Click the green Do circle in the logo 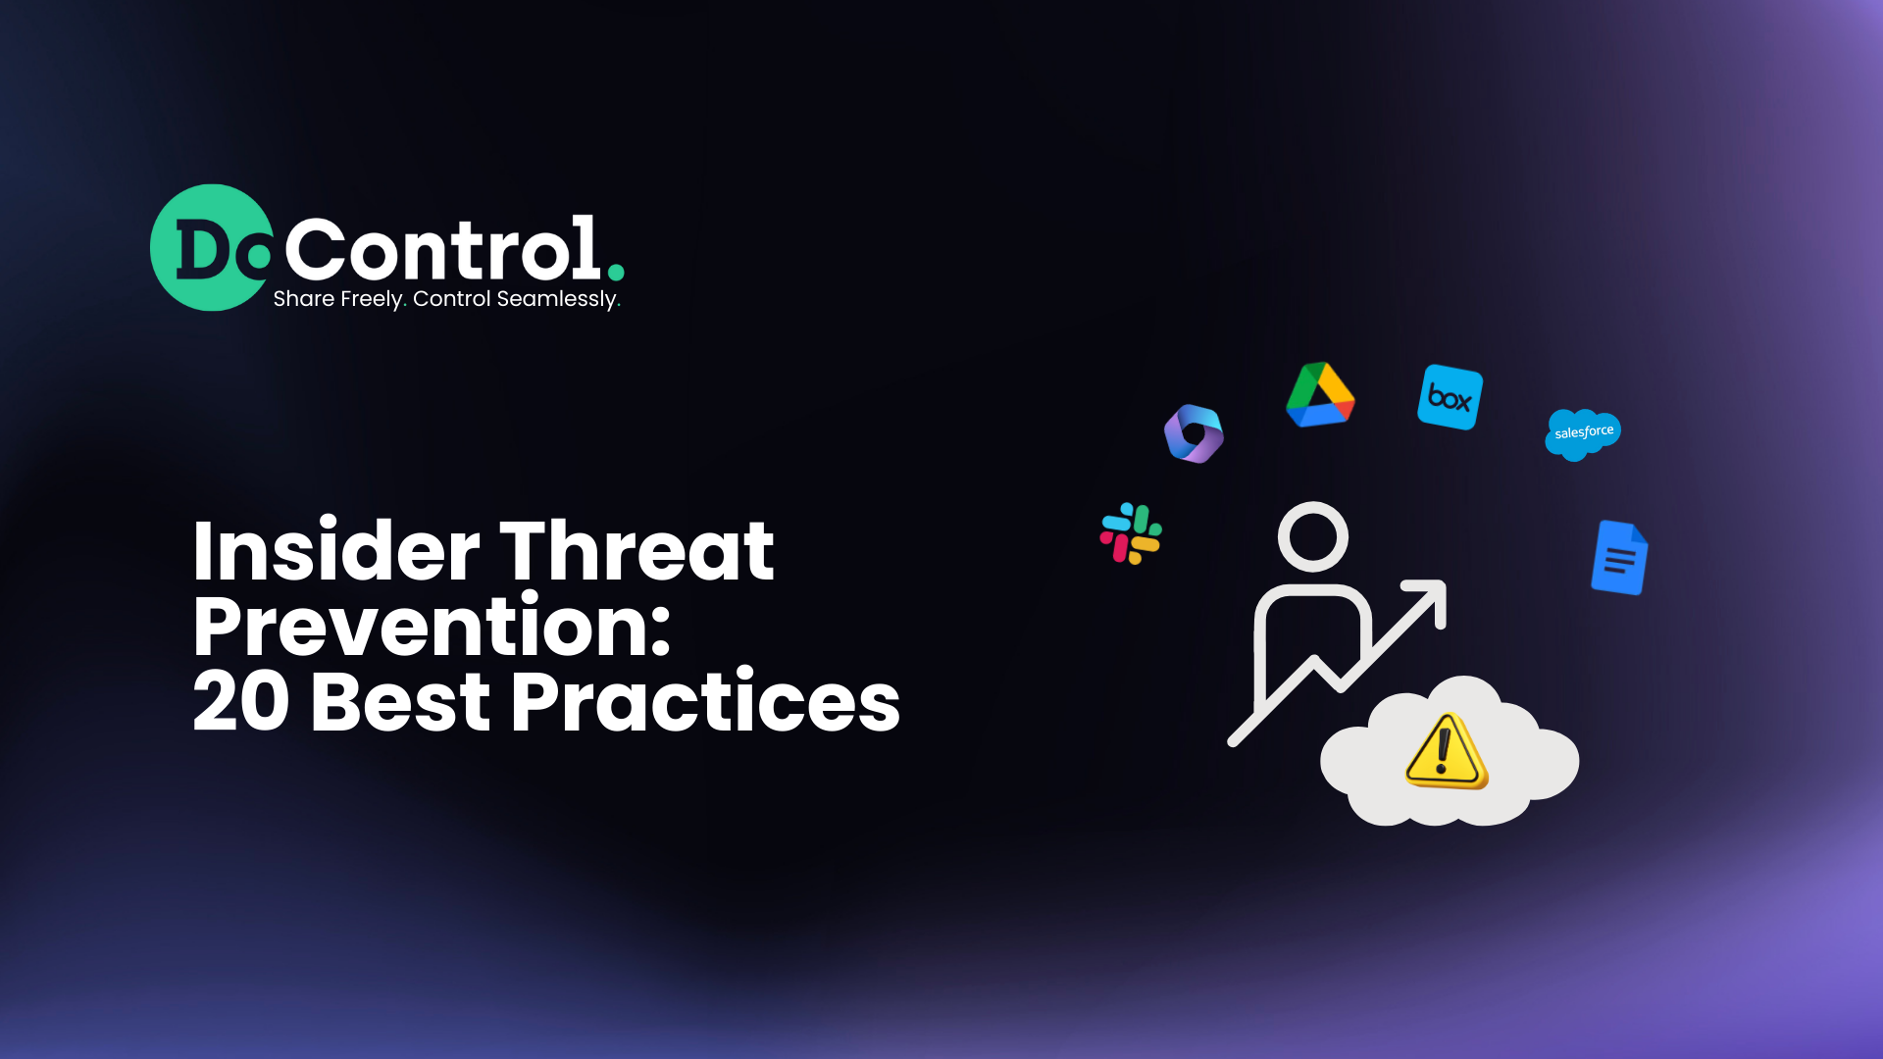[211, 247]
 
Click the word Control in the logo [442, 250]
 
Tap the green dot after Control [616, 272]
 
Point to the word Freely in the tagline [370, 299]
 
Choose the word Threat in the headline [637, 551]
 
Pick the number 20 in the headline [241, 702]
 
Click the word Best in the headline [400, 702]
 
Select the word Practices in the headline [705, 702]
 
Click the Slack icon [1131, 534]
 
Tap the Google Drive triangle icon [1320, 395]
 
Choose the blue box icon [1450, 397]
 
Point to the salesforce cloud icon [1583, 433]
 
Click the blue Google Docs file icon [1619, 558]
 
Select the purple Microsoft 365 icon [1194, 433]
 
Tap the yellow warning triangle [1446, 753]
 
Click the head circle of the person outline [1313, 537]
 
